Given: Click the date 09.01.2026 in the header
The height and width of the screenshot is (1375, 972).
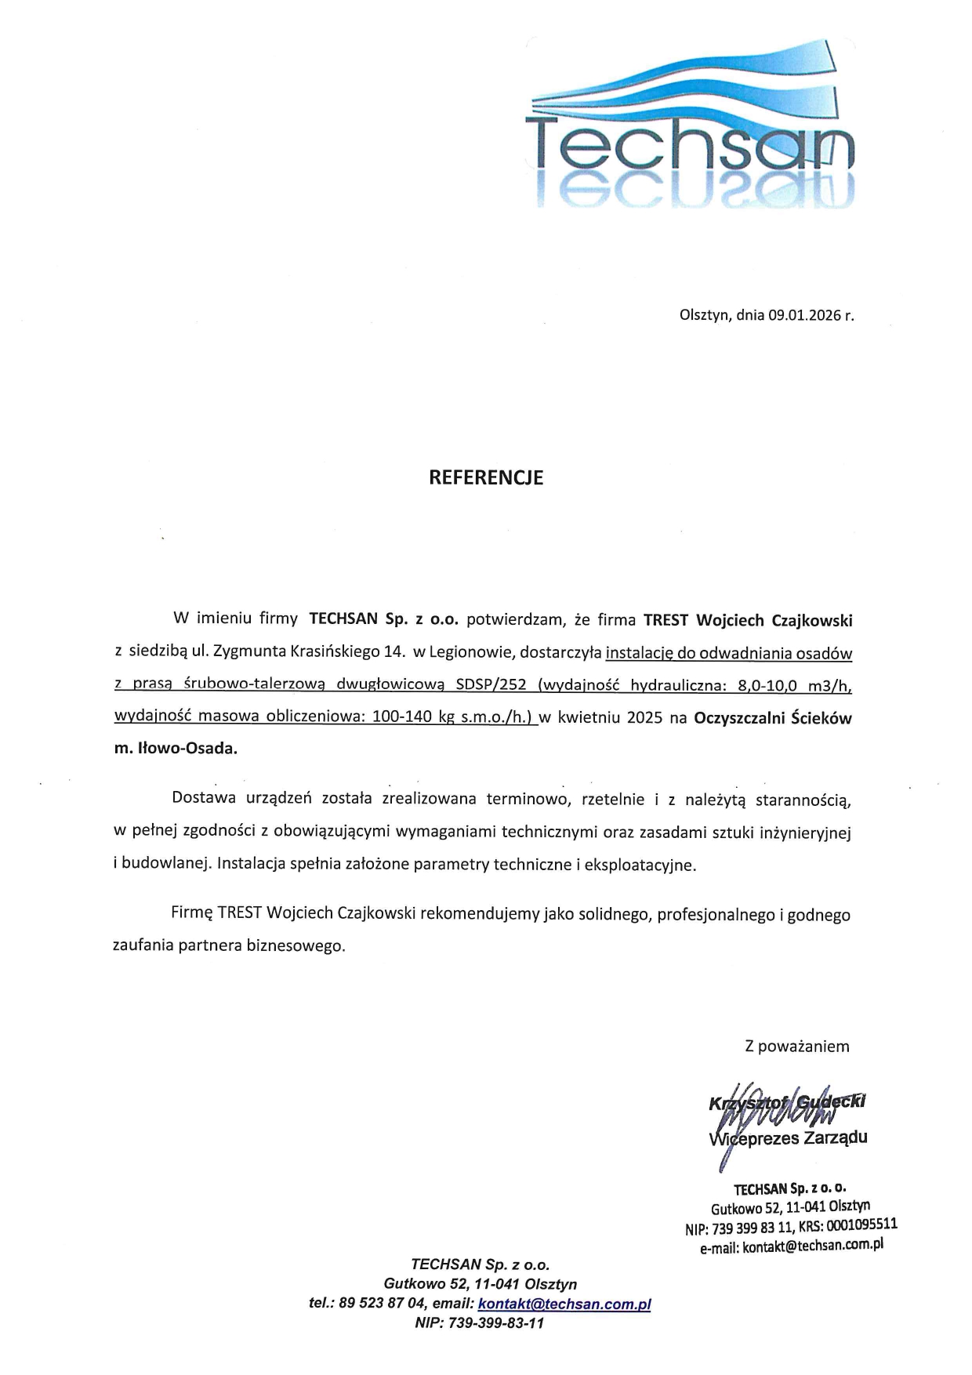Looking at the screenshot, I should [804, 316].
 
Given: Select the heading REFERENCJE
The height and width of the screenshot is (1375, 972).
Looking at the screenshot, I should [486, 477].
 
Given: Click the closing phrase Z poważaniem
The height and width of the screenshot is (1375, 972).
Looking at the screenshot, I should [796, 1046].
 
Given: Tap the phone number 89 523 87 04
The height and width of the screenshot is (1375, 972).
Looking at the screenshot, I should [381, 1304].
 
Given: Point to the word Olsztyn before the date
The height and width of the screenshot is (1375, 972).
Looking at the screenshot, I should [704, 316].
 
